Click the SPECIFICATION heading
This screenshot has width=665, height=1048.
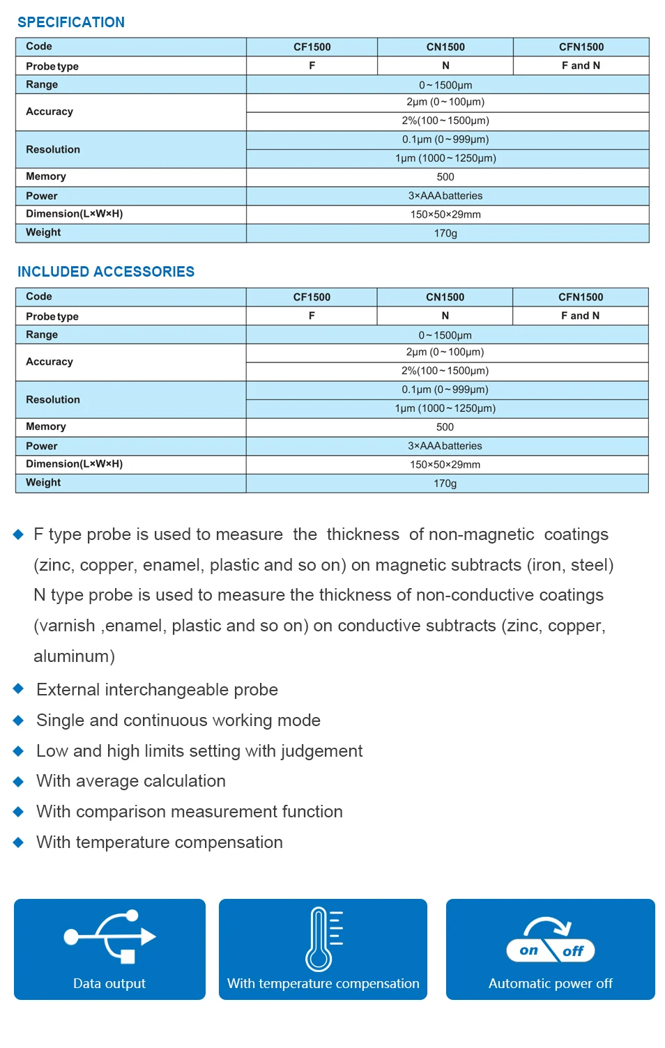point(71,22)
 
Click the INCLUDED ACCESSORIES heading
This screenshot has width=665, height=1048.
point(106,272)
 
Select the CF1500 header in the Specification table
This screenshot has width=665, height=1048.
point(312,47)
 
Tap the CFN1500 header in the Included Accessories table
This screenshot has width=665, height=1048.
point(581,297)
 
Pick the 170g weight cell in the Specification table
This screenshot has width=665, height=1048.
point(445,233)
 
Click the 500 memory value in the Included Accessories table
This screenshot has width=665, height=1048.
point(445,427)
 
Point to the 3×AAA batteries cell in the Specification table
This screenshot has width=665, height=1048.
point(445,196)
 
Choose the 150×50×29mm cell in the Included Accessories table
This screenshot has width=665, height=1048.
point(445,465)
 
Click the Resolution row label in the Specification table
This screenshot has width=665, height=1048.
point(53,149)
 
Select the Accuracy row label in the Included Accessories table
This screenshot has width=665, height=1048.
point(49,362)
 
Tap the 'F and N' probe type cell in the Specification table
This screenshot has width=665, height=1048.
point(581,65)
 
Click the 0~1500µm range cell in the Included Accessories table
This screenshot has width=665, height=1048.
point(445,335)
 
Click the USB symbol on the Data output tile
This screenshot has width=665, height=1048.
point(110,937)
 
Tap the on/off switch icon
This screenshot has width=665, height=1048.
point(550,941)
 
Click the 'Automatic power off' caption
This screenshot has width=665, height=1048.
point(550,983)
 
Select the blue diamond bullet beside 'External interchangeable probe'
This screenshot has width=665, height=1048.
point(19,689)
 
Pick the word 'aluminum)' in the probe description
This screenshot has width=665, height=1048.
point(75,656)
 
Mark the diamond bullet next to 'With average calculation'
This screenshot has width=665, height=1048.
point(19,781)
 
